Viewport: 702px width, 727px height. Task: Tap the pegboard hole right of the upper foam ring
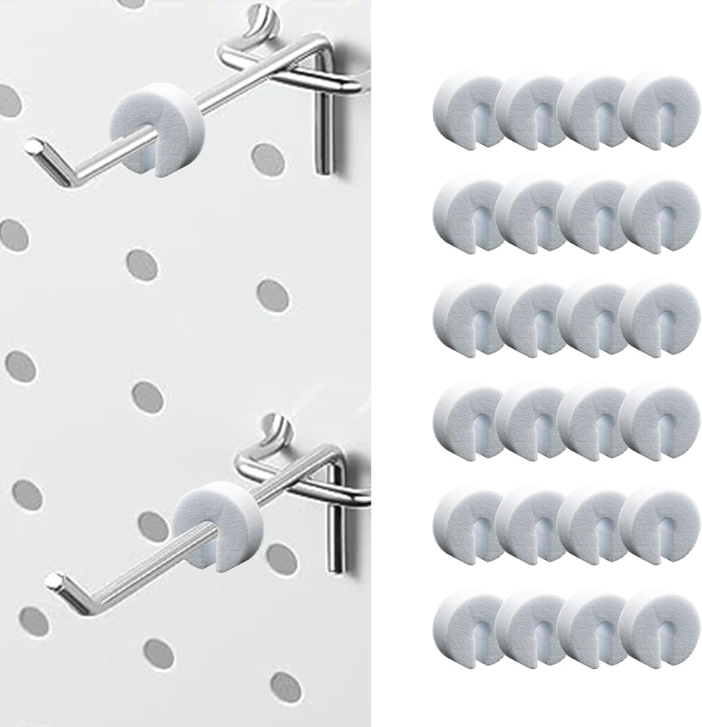tap(267, 158)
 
